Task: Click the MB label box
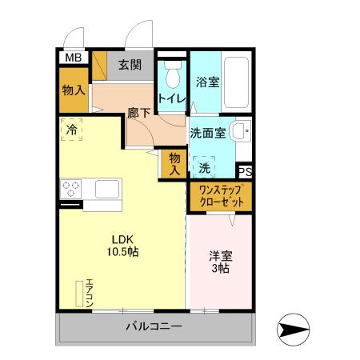click(x=74, y=57)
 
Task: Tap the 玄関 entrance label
click(x=130, y=66)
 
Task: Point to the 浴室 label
click(x=207, y=81)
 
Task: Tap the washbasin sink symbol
click(x=238, y=131)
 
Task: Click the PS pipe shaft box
click(x=246, y=170)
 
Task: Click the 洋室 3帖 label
click(x=221, y=263)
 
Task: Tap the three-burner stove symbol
click(x=70, y=190)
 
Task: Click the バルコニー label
click(x=154, y=326)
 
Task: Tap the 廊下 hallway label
click(x=139, y=114)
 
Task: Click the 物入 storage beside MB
click(x=74, y=90)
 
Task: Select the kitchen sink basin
click(x=106, y=190)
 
